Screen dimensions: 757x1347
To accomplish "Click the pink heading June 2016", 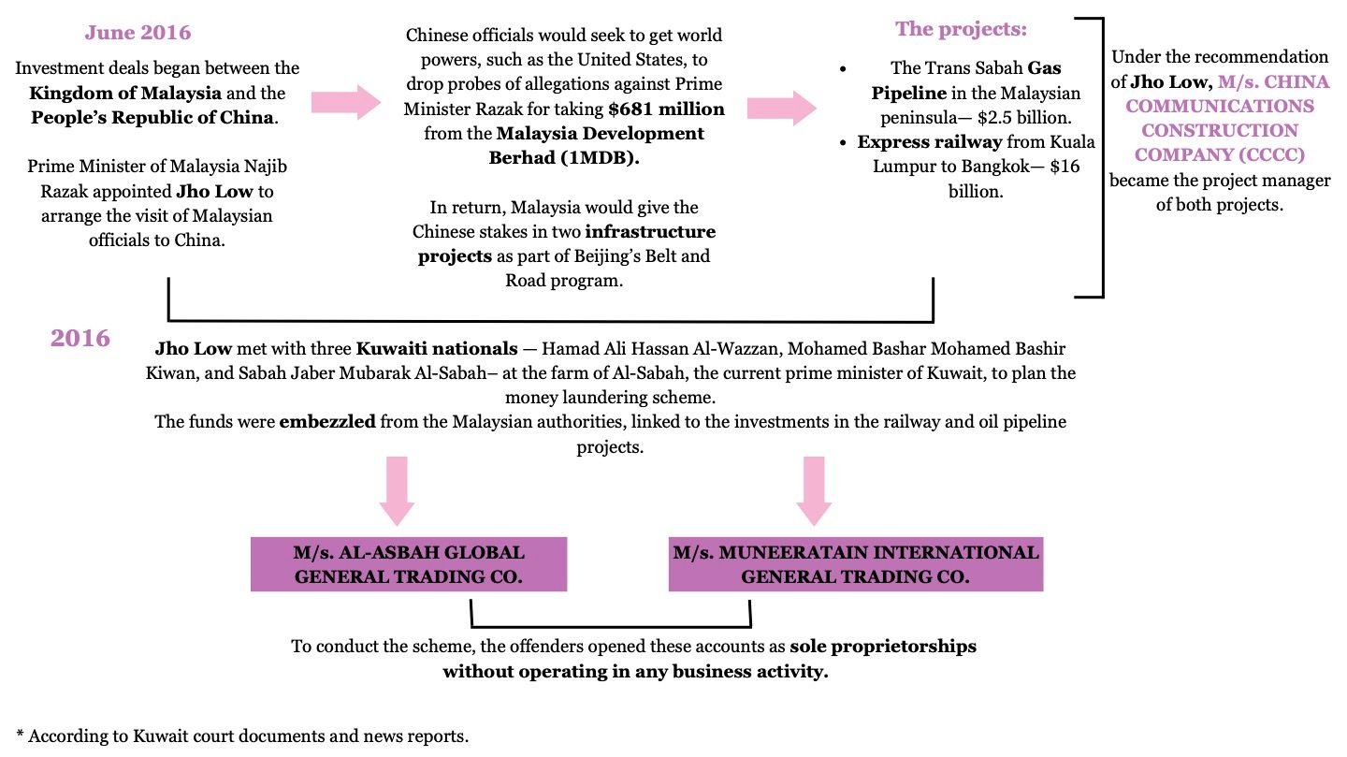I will (x=138, y=33).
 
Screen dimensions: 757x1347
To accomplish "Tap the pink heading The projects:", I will (x=961, y=29).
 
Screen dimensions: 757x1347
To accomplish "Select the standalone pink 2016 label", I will (x=80, y=338).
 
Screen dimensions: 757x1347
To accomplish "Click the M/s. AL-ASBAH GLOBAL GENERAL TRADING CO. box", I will (x=409, y=564).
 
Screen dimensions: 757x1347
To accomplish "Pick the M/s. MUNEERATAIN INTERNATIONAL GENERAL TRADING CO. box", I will (x=855, y=564).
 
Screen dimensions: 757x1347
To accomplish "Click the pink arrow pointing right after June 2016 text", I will (x=345, y=102).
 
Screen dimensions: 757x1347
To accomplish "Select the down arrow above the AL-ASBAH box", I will (x=397, y=489).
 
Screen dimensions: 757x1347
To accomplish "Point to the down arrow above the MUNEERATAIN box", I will (x=814, y=489).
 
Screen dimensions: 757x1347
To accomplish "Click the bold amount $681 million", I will (x=666, y=109).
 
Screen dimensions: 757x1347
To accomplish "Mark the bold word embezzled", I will (x=327, y=422).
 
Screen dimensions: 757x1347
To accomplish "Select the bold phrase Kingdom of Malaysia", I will (x=125, y=94).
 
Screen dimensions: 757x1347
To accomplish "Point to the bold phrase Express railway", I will (x=930, y=142).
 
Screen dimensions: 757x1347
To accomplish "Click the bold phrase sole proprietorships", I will (x=882, y=647).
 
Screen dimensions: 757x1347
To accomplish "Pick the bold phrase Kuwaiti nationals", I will (x=436, y=349).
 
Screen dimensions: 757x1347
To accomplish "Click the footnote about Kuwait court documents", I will (x=242, y=735).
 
